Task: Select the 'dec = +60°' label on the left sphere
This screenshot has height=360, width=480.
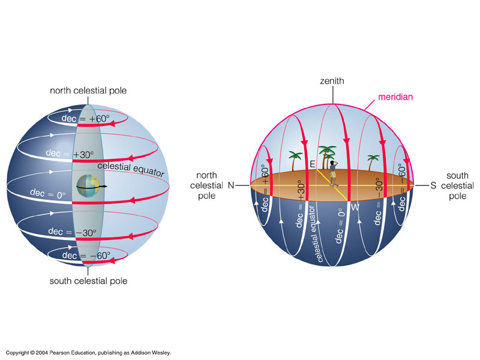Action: point(86,119)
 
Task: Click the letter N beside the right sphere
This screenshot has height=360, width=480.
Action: point(230,186)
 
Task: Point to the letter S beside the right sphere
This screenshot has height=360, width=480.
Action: point(433,186)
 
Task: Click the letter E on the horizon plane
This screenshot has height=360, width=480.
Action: point(312,163)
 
